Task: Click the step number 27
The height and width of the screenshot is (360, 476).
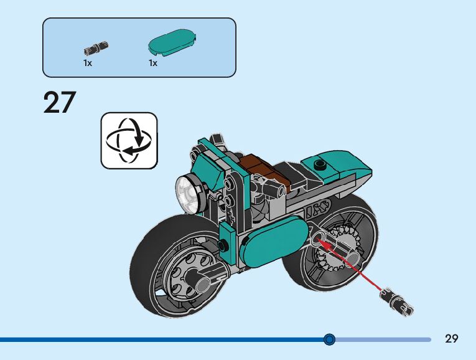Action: pyautogui.click(x=59, y=103)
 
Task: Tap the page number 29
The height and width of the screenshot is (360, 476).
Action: pyautogui.click(x=452, y=339)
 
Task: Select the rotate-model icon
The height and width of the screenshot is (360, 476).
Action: pyautogui.click(x=129, y=140)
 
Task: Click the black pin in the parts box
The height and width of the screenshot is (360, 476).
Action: pyautogui.click(x=96, y=47)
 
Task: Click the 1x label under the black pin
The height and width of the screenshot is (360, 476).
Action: pyautogui.click(x=88, y=63)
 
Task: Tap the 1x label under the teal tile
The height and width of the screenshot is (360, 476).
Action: pyautogui.click(x=153, y=63)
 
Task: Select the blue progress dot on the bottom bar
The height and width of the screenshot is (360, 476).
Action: pyautogui.click(x=330, y=339)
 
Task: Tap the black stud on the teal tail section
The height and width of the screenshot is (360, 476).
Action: pyautogui.click(x=320, y=164)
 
